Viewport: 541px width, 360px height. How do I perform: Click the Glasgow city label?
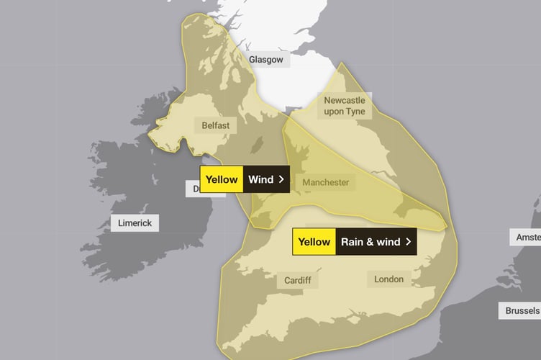265,60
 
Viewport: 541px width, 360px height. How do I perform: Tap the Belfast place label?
215,125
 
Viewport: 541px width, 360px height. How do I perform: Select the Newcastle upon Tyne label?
345,106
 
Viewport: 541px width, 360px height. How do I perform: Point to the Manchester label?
325,182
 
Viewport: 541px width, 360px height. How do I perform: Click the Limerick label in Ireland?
135,223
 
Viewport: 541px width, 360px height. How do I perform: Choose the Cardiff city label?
296,279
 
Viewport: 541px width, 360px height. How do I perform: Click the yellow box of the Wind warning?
222,179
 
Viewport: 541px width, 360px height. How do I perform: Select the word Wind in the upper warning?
260,179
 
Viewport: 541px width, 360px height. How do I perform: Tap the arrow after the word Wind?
281,179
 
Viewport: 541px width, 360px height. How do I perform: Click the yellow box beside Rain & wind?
314,242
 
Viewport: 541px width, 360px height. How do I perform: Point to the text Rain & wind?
371,242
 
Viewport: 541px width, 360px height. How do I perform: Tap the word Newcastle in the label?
345,100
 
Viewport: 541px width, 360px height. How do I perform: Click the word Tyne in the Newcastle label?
355,112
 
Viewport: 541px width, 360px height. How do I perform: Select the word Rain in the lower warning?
352,242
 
